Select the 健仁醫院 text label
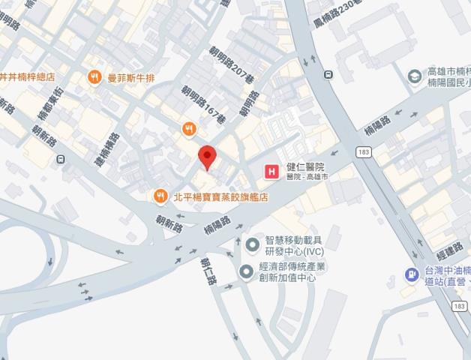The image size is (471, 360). pyautogui.click(x=305, y=167)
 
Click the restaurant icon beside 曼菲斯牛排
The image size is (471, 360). pyautogui.click(x=94, y=76)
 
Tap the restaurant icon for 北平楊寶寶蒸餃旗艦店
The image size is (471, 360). pyautogui.click(x=160, y=196)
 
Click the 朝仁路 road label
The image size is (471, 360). pyautogui.click(x=207, y=272)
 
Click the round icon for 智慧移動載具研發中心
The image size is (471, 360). pyautogui.click(x=253, y=244)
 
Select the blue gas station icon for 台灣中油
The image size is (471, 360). pyautogui.click(x=411, y=274)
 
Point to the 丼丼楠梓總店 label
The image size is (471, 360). pyautogui.click(x=31, y=76)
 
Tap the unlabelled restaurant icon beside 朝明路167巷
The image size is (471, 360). pyautogui.click(x=189, y=130)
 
